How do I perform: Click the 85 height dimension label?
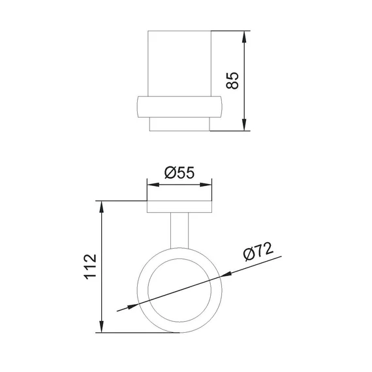[x=232, y=80]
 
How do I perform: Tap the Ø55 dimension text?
[x=179, y=172]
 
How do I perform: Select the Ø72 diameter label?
[x=258, y=251]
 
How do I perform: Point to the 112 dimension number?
[x=91, y=267]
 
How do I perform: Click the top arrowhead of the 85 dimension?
[x=244, y=37]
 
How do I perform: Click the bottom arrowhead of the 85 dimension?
[x=244, y=125]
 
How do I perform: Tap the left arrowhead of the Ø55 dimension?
[x=153, y=185]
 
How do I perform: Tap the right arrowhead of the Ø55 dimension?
[x=206, y=185]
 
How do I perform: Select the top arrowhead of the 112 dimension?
[x=102, y=207]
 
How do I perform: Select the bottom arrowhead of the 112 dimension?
[x=102, y=326]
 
